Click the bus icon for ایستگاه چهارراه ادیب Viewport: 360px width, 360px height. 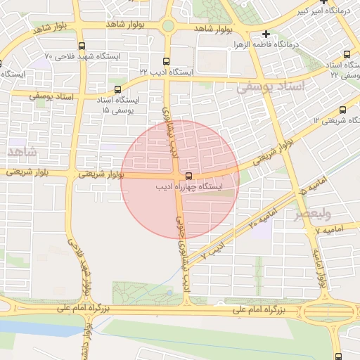click(188, 175)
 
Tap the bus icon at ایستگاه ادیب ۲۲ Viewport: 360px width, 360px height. click(165, 61)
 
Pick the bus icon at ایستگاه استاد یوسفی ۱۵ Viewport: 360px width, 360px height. click(117, 89)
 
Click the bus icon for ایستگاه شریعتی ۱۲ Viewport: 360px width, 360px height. click(342, 110)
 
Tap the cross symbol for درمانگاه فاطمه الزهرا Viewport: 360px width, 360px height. click(266, 34)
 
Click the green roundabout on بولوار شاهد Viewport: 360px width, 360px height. click(168, 27)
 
